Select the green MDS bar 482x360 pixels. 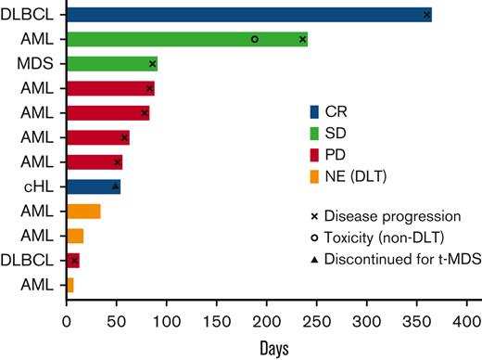[111, 64]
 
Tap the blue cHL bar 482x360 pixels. [93, 186]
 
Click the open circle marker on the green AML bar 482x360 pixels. [254, 39]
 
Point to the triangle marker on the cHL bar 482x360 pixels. [116, 186]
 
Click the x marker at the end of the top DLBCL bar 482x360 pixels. [426, 15]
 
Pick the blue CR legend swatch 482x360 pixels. [315, 111]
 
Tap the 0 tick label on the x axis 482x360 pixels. [67, 326]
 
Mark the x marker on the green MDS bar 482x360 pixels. [152, 64]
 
